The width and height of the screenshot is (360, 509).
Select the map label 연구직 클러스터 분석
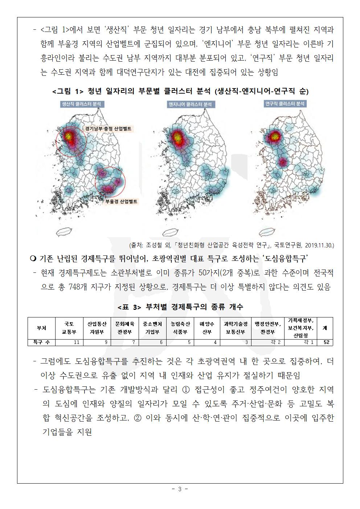pyautogui.click(x=285, y=104)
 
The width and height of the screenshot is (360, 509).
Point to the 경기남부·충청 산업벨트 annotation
pyautogui.click(x=108, y=128)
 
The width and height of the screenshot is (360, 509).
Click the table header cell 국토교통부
pyautogui.click(x=69, y=328)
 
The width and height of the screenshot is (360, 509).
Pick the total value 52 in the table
pyautogui.click(x=326, y=342)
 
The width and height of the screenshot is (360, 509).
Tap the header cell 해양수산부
pyautogui.click(x=207, y=328)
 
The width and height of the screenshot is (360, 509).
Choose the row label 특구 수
pyautogui.click(x=41, y=342)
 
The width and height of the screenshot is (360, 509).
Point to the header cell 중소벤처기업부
pyautogui.click(x=152, y=328)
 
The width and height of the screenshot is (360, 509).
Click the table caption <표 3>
pyautogui.click(x=129, y=307)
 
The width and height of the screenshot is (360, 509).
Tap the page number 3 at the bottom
pyautogui.click(x=180, y=489)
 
